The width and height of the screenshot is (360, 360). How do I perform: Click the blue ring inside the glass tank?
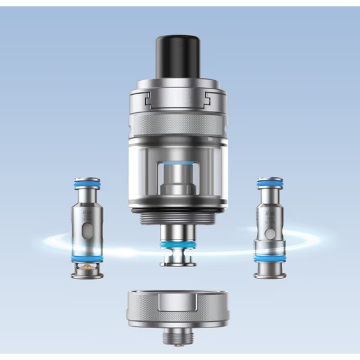179,164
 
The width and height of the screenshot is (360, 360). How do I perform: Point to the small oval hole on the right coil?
272,224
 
